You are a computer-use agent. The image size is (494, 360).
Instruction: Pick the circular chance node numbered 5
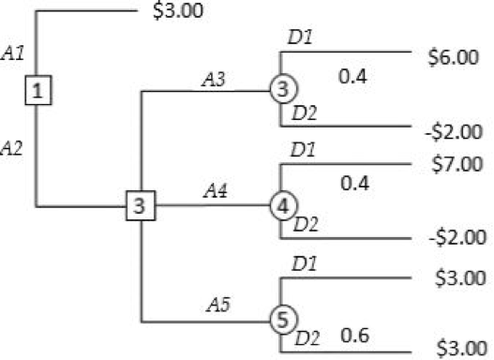pos(281,319)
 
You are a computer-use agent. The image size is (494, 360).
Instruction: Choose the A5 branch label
pos(218,305)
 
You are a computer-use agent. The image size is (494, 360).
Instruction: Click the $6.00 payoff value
pos(457,56)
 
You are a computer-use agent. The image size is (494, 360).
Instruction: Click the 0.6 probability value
pos(352,335)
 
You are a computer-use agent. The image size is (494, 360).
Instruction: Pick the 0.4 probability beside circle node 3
pos(352,76)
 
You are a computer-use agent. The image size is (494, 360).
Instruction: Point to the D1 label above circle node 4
pos(302,149)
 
